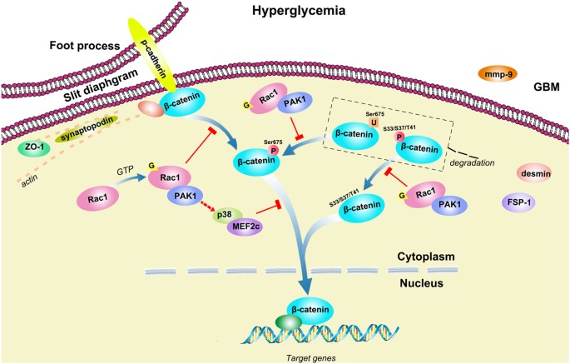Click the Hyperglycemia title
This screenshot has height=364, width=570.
point(284,11)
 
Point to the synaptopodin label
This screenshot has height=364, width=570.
point(84,133)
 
